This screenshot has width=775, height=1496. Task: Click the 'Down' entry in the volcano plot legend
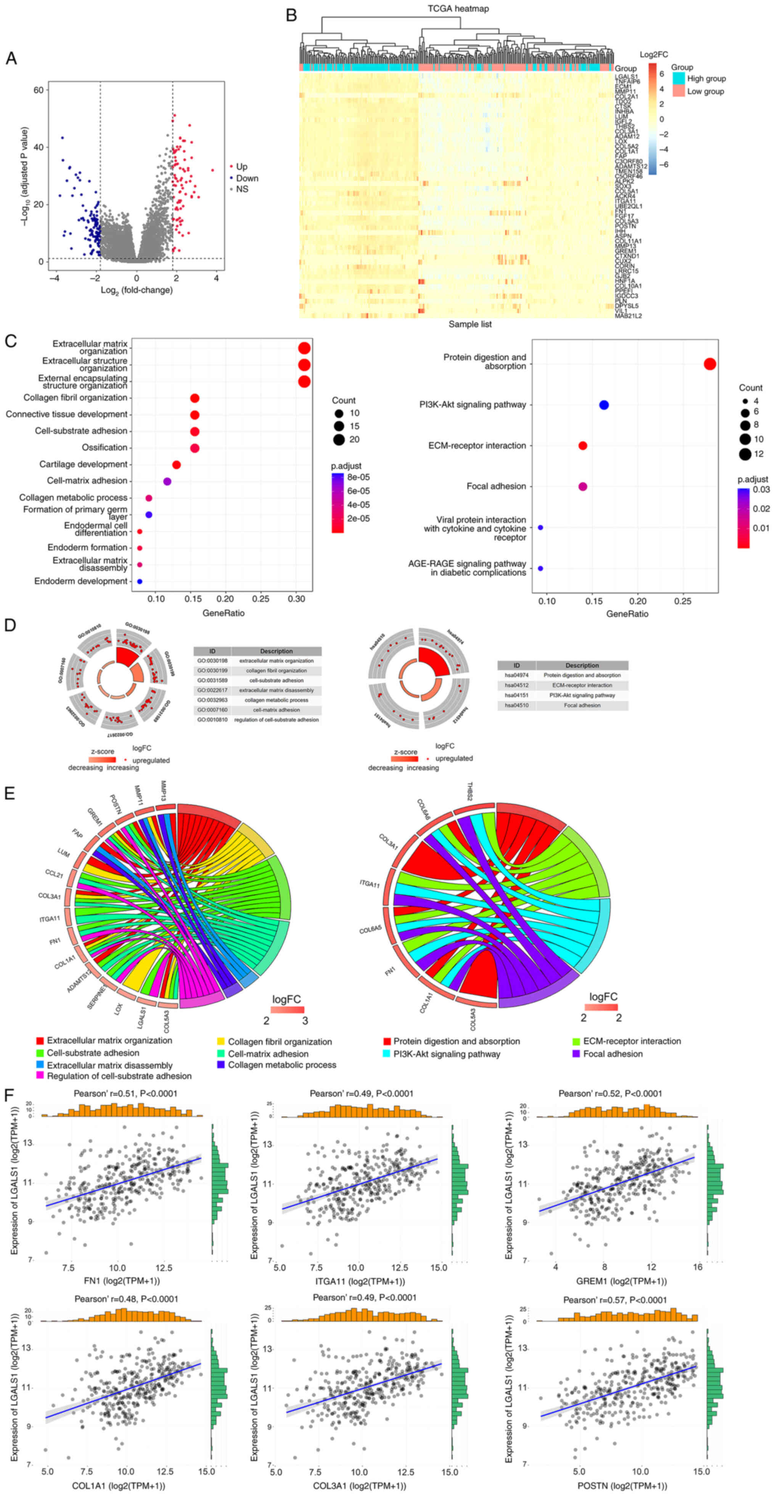pos(247,178)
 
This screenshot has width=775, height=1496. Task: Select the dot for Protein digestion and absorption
pos(709,364)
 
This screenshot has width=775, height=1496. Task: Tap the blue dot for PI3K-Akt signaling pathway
pos(604,405)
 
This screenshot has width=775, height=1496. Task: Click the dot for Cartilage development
pos(177,465)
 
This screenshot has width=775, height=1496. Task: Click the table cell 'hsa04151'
pos(516,695)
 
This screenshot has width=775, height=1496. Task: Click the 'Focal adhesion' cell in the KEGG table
pos(582,705)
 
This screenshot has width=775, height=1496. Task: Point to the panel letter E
pos(10,793)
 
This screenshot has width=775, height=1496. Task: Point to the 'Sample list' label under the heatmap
pos(470,324)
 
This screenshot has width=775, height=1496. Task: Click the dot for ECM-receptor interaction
pos(583,446)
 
